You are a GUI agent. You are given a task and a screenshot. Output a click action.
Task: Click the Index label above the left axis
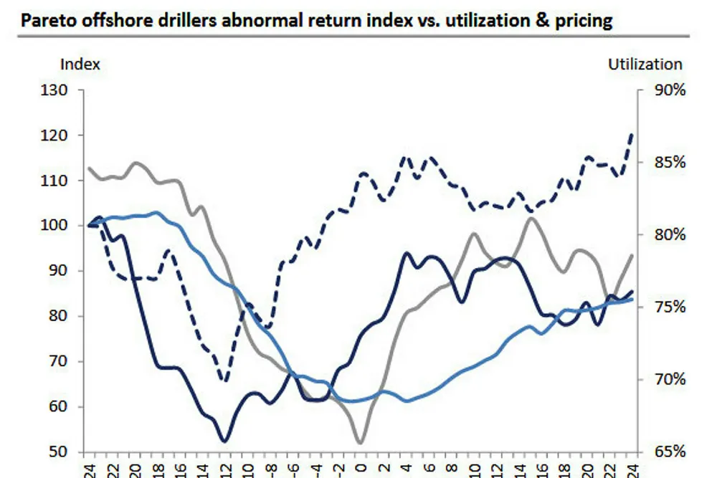coord(80,64)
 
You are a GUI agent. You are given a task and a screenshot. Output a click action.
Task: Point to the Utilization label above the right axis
coord(645,64)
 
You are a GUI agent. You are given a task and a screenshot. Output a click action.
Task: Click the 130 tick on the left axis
coord(57,90)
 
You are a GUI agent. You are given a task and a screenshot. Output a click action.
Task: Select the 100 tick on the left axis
coord(57,226)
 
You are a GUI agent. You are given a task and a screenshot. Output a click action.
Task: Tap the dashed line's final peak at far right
coord(632,134)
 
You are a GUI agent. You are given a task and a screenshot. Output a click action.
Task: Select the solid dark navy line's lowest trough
coord(225,441)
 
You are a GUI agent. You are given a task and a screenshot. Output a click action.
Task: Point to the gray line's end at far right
coord(632,255)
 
